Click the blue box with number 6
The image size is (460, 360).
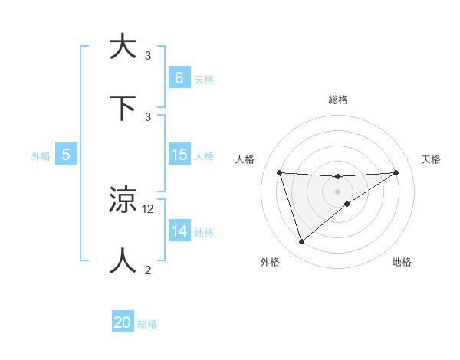[179, 78]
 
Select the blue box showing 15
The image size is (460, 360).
[179, 155]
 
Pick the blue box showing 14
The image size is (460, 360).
[179, 231]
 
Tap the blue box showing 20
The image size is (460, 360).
[123, 323]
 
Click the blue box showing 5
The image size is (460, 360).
[66, 155]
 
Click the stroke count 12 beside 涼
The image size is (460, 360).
[149, 208]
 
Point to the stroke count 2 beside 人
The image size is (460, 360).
[148, 270]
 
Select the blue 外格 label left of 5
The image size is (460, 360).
[41, 155]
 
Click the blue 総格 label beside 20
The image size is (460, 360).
[147, 324]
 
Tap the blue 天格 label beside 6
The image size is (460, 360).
[203, 79]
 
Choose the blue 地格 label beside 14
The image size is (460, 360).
[203, 232]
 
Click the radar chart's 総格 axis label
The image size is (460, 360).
[337, 100]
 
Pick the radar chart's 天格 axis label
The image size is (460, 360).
[432, 159]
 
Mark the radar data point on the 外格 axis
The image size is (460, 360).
[301, 242]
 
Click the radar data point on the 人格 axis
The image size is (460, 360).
[279, 172]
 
